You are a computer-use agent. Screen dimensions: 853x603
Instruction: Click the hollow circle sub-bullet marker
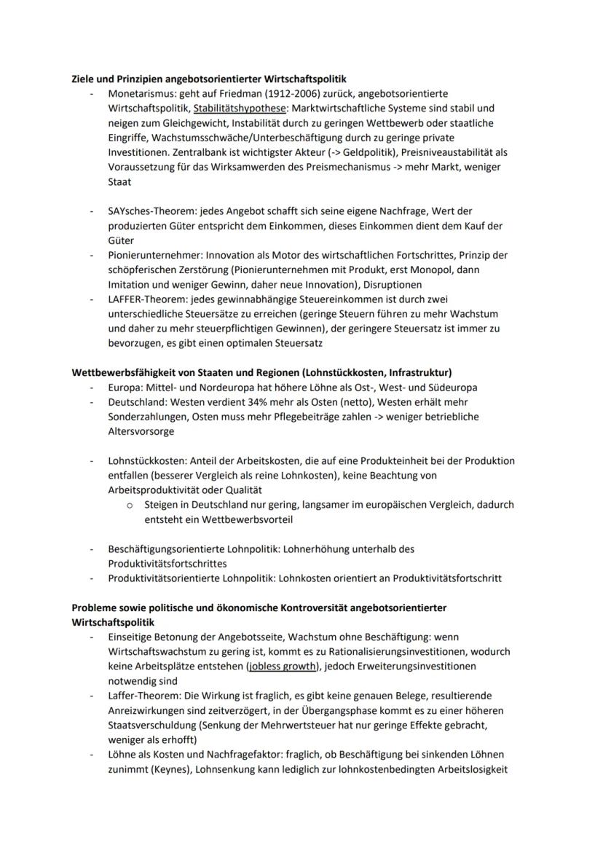pyautogui.click(x=128, y=505)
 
